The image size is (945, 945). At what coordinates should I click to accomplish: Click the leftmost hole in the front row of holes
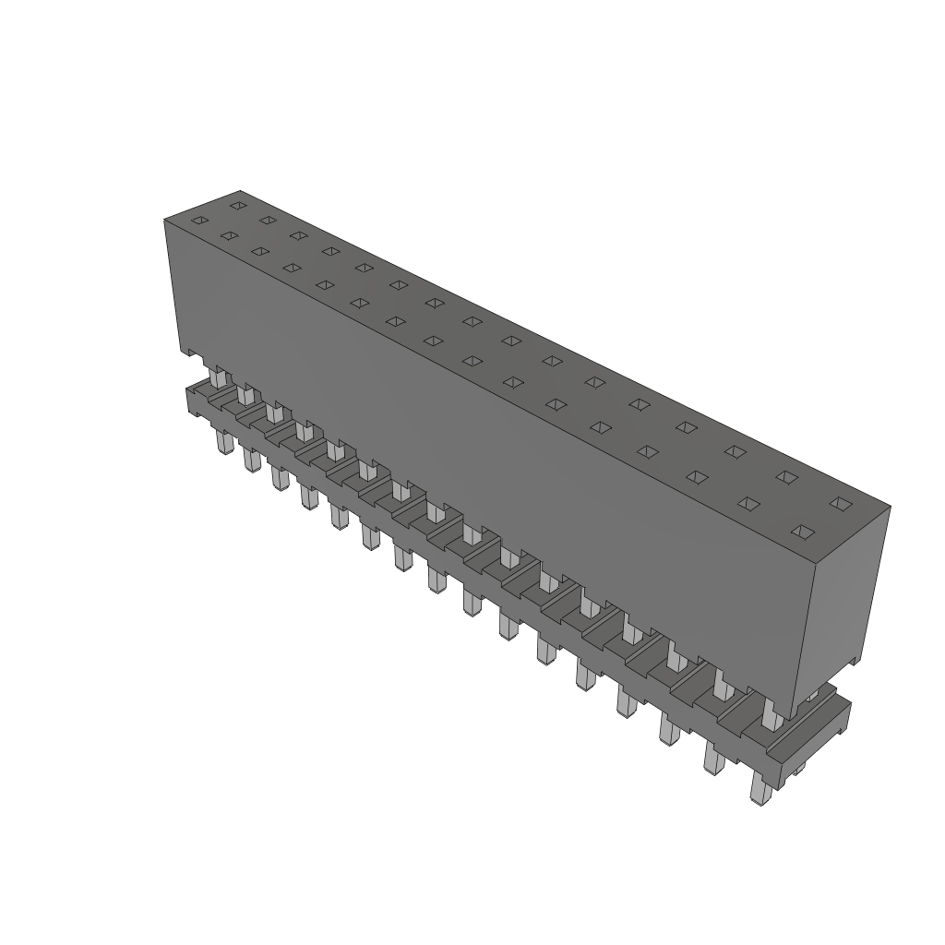(199, 220)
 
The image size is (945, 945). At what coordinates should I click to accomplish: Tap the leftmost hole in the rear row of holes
(238, 205)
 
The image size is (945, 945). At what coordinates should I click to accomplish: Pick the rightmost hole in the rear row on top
(840, 503)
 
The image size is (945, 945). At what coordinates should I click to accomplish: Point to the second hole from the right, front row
(749, 504)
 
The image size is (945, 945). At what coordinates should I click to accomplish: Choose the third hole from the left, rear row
(298, 235)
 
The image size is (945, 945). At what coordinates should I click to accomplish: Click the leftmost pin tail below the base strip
(224, 443)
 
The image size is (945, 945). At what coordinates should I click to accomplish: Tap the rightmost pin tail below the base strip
(760, 790)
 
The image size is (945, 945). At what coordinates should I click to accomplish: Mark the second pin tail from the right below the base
(714, 759)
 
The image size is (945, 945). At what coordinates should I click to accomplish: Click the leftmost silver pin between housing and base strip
(218, 377)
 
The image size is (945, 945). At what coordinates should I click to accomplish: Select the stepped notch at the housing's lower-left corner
(189, 353)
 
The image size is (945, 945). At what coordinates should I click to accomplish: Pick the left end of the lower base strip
(192, 400)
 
